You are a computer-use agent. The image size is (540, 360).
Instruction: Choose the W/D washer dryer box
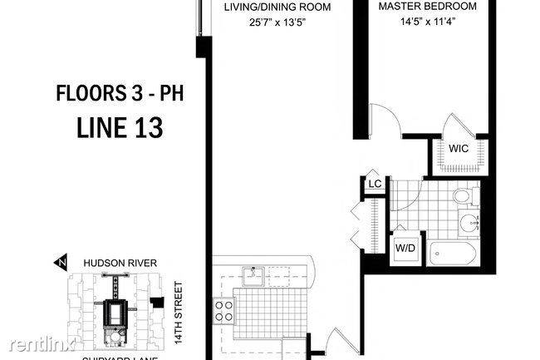[405, 248]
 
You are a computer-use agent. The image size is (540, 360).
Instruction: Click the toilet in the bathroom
[462, 196]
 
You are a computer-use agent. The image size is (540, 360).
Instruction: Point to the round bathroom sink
[470, 222]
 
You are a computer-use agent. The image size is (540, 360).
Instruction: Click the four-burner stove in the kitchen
[224, 310]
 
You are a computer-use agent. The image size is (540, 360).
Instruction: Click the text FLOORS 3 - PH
[119, 91]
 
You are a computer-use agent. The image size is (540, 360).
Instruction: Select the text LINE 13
[119, 128]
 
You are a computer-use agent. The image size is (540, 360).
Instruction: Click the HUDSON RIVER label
[120, 263]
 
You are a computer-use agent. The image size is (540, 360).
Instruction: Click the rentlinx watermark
[39, 343]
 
